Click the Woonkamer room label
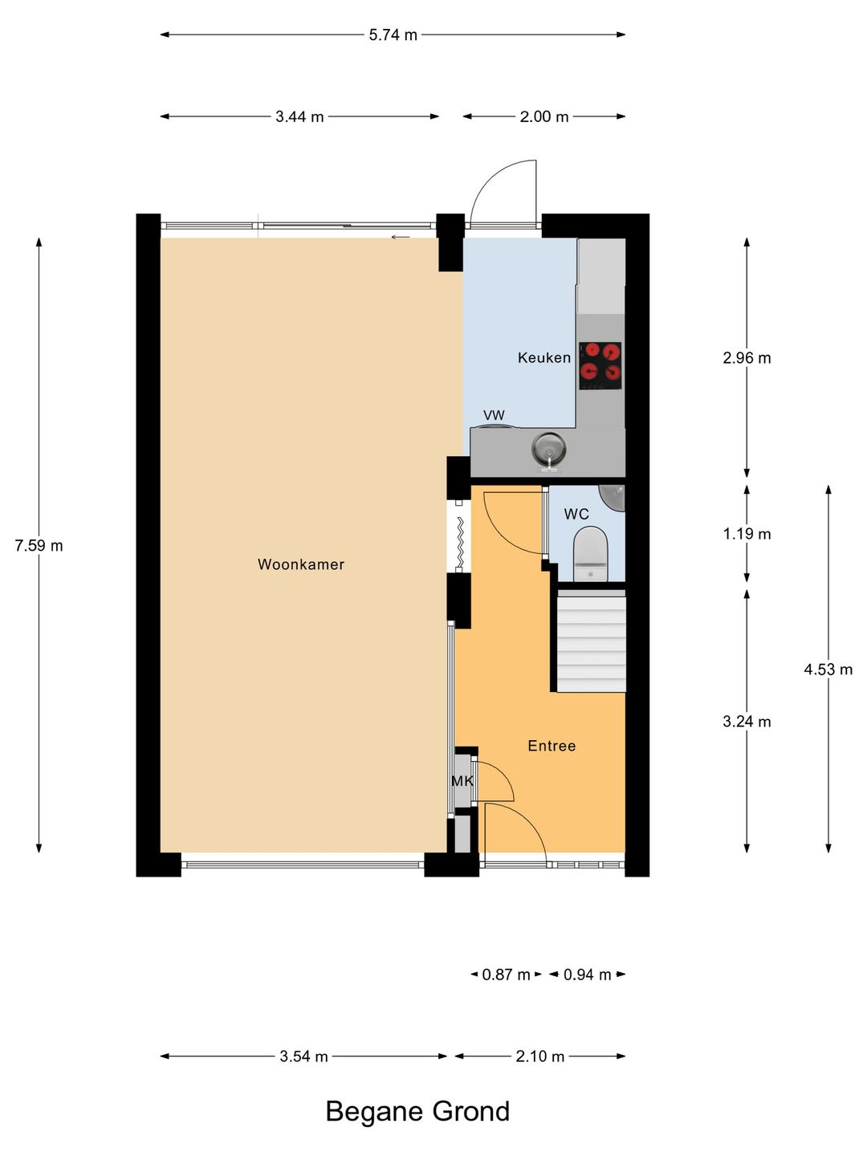301,564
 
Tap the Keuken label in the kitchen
544,358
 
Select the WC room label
576,515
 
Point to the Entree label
552,746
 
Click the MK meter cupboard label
462,781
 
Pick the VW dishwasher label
494,415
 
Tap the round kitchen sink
550,448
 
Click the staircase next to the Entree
592,642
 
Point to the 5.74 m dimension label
393,35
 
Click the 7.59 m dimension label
39,546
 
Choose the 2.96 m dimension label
747,358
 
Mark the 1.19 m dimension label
747,534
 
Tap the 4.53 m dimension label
828,670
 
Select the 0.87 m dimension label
506,975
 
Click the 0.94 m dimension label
587,975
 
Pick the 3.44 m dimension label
299,117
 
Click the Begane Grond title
417,1111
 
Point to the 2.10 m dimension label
539,1056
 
